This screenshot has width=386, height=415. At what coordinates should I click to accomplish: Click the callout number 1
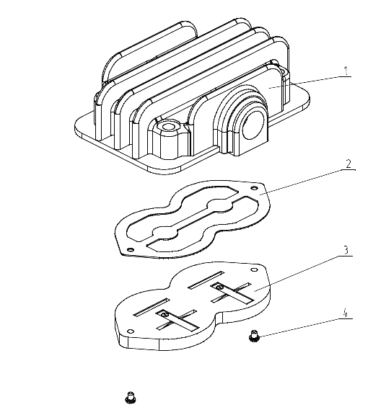(x=346, y=71)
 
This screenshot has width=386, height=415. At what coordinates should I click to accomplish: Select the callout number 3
(x=346, y=250)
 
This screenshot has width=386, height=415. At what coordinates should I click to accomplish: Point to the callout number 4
(x=345, y=313)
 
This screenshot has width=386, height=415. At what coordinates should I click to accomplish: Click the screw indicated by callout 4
(x=254, y=335)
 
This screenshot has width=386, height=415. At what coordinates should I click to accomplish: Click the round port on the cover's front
(x=253, y=125)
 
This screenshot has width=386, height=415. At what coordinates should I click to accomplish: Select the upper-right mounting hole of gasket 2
(x=254, y=188)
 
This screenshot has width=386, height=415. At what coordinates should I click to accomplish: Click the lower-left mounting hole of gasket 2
(x=130, y=249)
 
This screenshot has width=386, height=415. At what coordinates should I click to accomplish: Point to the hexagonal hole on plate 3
(x=254, y=269)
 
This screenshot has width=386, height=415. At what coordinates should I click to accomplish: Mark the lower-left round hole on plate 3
(x=131, y=331)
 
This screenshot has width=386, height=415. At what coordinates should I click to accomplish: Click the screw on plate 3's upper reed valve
(x=218, y=287)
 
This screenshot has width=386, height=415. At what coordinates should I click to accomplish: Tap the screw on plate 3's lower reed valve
(x=165, y=314)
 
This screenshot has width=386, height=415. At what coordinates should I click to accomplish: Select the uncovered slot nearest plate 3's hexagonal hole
(x=206, y=280)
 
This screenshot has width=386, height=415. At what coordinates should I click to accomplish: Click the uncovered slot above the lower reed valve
(x=152, y=307)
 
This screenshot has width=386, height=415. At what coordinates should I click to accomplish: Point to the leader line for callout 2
(x=307, y=182)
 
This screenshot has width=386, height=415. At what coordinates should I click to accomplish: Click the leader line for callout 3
(x=303, y=273)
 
